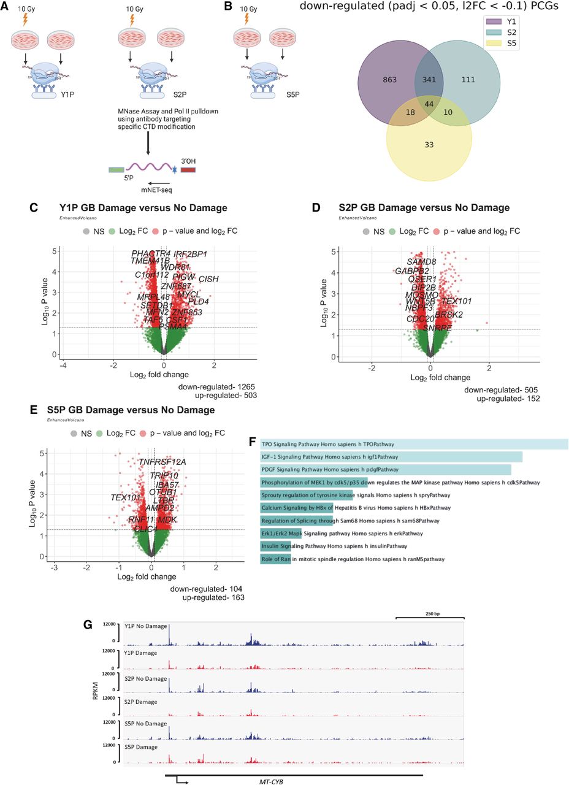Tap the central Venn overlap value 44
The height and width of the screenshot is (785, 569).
click(429, 104)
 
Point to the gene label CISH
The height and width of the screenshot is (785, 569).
click(208, 280)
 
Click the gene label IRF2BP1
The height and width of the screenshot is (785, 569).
click(190, 254)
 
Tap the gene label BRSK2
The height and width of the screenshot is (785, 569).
click(449, 315)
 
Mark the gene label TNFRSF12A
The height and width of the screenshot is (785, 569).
click(162, 462)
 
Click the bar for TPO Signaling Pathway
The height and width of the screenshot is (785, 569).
click(414, 444)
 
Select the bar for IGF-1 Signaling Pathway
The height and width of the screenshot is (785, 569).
click(391, 457)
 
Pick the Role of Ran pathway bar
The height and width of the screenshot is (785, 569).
click(275, 559)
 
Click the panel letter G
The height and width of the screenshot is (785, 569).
click(88, 625)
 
